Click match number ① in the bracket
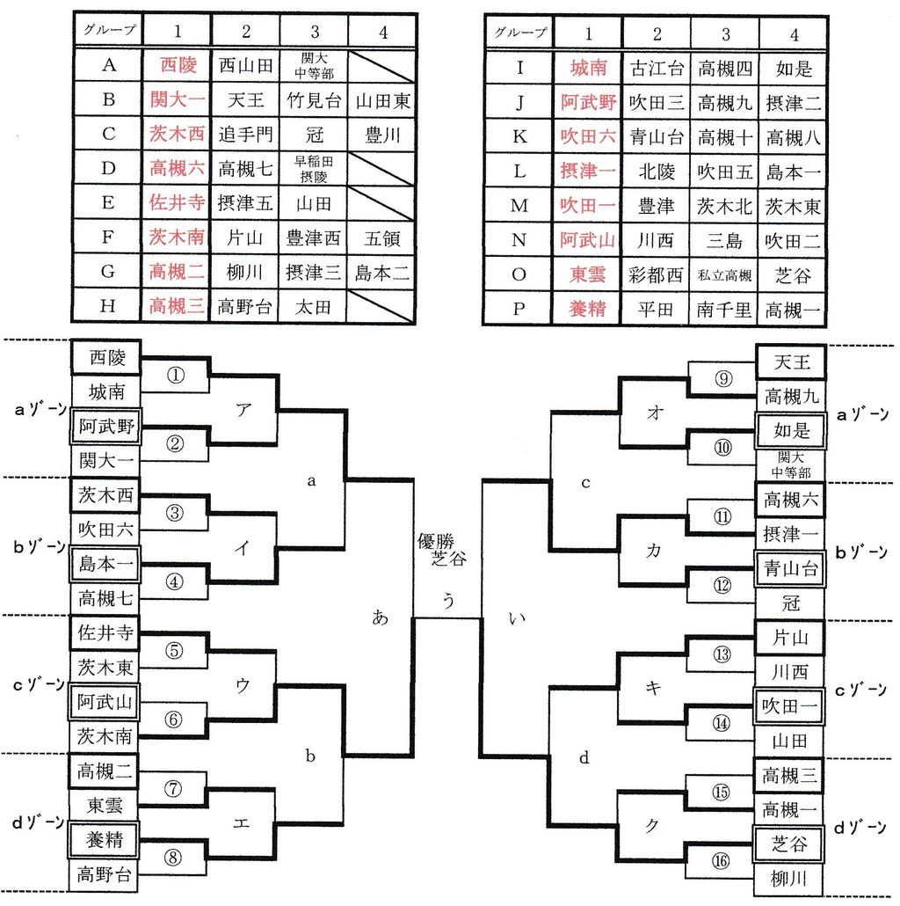[x=176, y=376]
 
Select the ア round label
[x=243, y=409]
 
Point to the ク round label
[x=652, y=824]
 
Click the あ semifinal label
[x=380, y=617]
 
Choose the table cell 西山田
[x=246, y=64]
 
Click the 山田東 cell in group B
[x=383, y=99]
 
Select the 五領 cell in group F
[x=383, y=237]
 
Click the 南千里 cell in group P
[x=725, y=310]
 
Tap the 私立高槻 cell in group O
[x=725, y=275]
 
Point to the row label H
[x=108, y=306]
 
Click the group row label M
[x=519, y=206]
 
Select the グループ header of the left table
[x=109, y=30]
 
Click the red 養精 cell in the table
[x=588, y=310]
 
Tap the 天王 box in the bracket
[x=790, y=360]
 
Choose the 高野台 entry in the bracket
[x=105, y=873]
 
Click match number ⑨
[x=723, y=379]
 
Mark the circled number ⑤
[x=174, y=651]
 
